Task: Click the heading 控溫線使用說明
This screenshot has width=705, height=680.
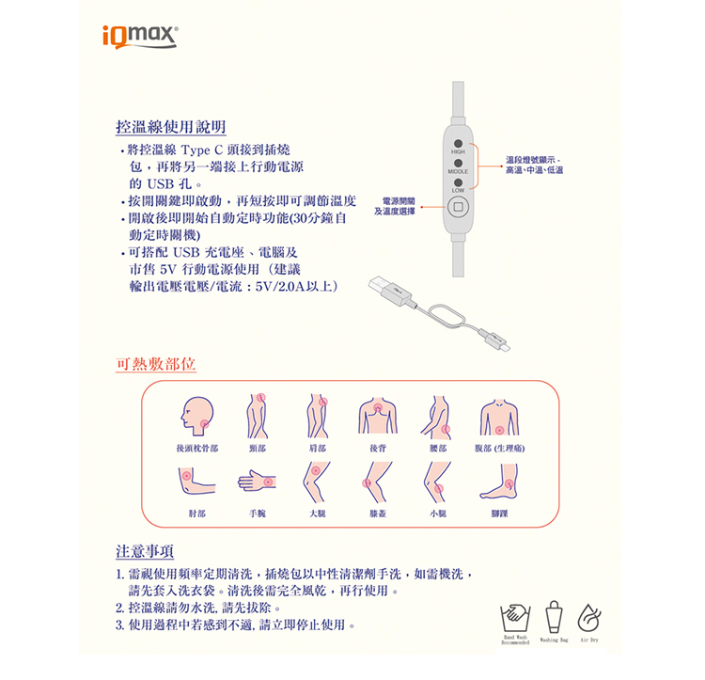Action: pyautogui.click(x=169, y=126)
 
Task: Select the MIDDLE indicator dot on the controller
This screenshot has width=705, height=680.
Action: pyautogui.click(x=457, y=163)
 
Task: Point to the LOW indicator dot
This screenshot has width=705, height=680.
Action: pyautogui.click(x=457, y=182)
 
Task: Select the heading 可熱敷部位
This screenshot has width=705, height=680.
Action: pyautogui.click(x=155, y=364)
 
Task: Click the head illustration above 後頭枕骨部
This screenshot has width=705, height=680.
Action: pyautogui.click(x=198, y=414)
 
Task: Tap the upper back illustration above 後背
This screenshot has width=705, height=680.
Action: pyautogui.click(x=379, y=414)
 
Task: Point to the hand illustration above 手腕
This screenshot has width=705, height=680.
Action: pyautogui.click(x=258, y=482)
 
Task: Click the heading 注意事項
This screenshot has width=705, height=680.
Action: pyautogui.click(x=144, y=550)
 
